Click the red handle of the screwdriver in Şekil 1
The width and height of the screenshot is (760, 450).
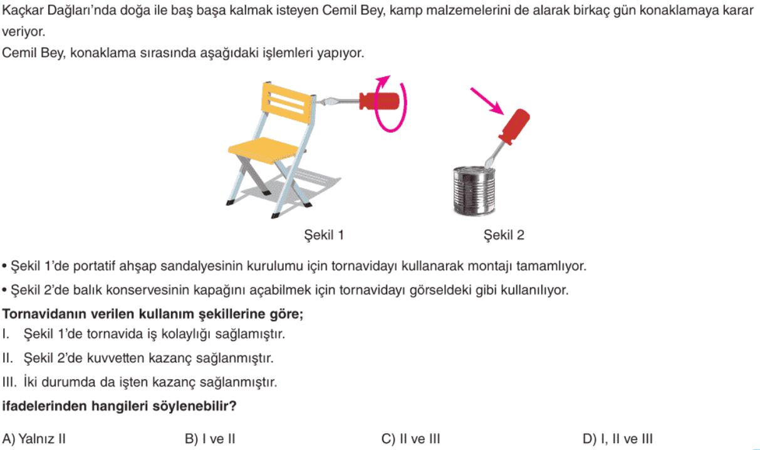coord(379,101)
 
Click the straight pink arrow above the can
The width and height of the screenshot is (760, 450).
coord(487,101)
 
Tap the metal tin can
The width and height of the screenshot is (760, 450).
coord(474,191)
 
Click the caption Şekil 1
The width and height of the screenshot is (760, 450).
coord(324,235)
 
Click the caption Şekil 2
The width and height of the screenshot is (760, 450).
coord(504,235)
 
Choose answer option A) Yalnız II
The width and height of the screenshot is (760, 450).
coord(34,439)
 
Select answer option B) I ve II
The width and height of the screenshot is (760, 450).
coord(210,439)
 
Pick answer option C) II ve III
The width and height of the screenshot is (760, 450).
coord(410,439)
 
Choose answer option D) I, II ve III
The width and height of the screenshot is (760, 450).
coord(618,439)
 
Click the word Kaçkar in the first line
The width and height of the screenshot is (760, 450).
coord(23,11)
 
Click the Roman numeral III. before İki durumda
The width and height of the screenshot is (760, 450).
coord(9,382)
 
